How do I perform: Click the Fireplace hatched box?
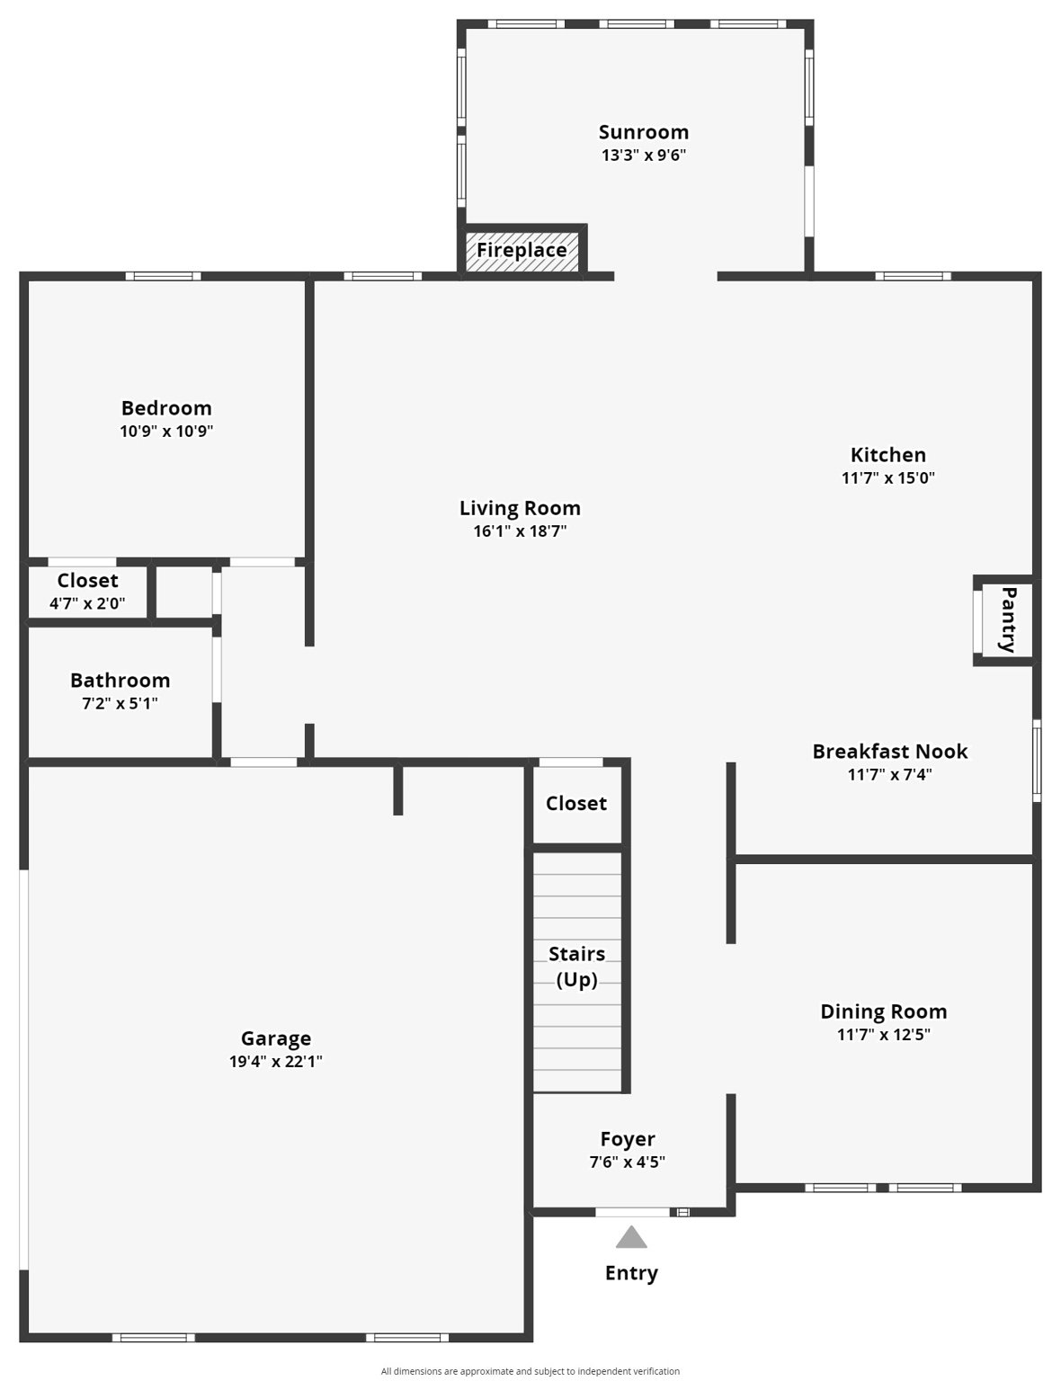coord(522,250)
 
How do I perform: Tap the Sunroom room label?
coord(644,132)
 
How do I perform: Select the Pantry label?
coord(1008,619)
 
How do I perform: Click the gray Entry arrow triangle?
coord(631,1238)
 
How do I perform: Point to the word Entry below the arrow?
coord(631,1273)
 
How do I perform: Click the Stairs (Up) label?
coord(576,966)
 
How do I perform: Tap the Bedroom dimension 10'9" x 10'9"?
coord(166,432)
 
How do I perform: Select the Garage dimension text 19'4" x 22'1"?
coord(276,1062)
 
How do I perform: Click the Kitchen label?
coord(888,455)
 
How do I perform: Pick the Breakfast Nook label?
coord(890,752)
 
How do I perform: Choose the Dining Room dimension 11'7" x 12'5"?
coord(884,1035)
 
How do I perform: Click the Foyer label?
coord(628,1139)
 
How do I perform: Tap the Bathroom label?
coord(120,681)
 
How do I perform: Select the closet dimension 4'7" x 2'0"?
coord(87,604)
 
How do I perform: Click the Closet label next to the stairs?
coord(576,803)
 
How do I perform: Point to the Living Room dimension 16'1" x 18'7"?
coord(520,531)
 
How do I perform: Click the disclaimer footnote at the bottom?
coord(530,1371)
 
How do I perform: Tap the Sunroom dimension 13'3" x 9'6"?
coord(644,156)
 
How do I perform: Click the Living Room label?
coord(520,508)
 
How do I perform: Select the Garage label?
coord(276,1038)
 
